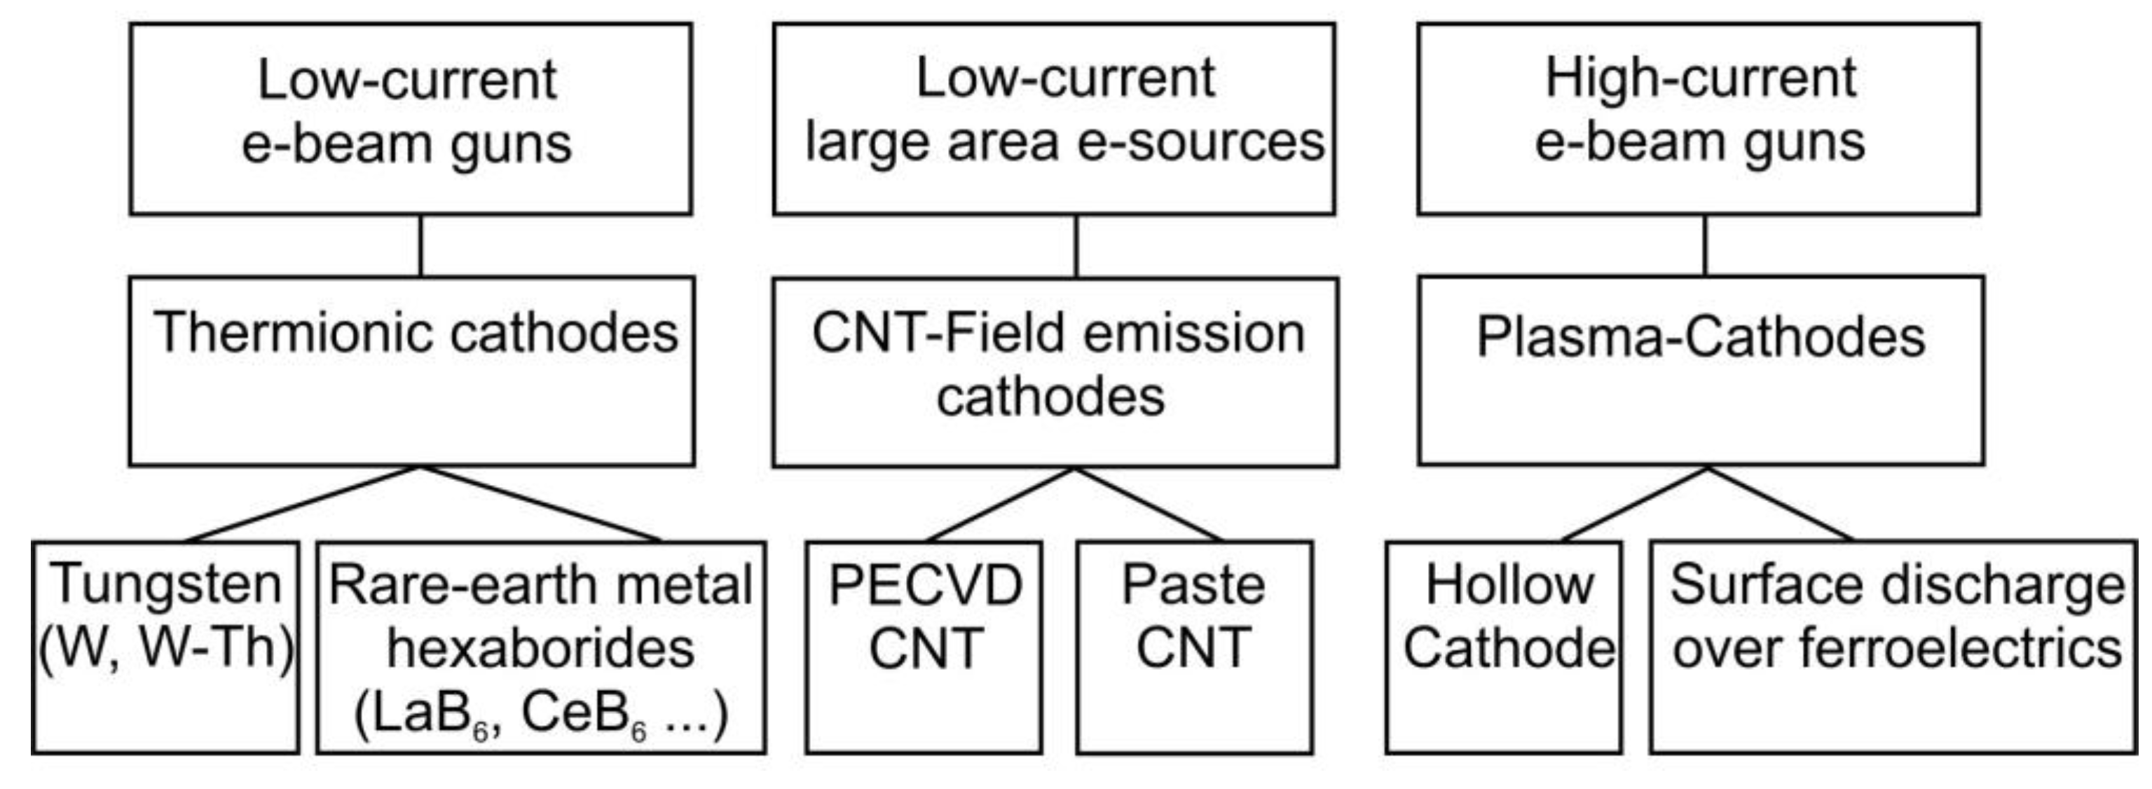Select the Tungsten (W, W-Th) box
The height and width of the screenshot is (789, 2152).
point(165,647)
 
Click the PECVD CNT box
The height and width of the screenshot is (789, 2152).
point(924,647)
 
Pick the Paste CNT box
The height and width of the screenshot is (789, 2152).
point(1194,647)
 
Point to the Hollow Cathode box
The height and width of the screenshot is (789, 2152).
point(1504,647)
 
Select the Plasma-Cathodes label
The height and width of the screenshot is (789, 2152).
point(1700,337)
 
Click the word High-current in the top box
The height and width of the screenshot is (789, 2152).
point(1700,79)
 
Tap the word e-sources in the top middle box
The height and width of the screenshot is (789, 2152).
point(1200,143)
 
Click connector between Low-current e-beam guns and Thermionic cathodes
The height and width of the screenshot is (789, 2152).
point(420,245)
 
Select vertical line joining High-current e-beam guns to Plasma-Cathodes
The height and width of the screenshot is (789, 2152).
point(1705,245)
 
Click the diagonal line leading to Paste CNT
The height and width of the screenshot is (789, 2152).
point(1149,505)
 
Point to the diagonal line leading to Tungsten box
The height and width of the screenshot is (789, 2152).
point(303,505)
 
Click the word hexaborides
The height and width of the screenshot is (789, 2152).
point(540,649)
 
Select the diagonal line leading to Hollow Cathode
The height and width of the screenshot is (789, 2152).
point(1634,505)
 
